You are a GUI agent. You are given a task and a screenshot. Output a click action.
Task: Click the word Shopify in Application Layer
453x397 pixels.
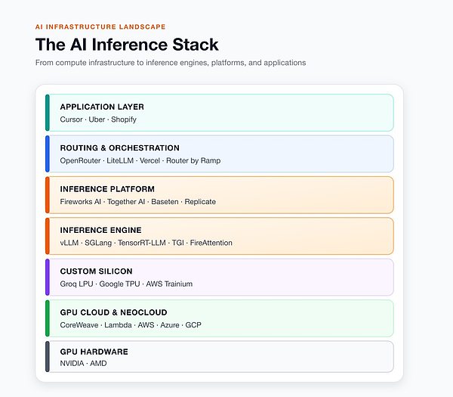124,119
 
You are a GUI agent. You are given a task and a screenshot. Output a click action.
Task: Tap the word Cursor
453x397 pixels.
72,119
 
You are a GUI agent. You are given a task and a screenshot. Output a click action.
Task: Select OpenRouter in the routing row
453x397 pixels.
80,160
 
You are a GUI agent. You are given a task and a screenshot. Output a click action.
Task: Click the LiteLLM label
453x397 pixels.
120,160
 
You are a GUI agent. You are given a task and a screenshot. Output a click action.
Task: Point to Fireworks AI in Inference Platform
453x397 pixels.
81,202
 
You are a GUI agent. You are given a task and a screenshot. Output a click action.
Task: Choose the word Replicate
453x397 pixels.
200,202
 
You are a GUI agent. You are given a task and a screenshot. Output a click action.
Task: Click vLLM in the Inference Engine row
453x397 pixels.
69,243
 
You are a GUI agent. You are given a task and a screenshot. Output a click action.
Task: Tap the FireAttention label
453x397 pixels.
211,243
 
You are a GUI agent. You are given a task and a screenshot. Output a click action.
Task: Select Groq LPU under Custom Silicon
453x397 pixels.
76,284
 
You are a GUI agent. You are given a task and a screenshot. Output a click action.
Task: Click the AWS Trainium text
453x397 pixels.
169,284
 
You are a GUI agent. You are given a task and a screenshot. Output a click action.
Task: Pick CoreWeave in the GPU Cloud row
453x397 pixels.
79,325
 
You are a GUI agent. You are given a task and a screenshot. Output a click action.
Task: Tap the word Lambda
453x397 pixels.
119,325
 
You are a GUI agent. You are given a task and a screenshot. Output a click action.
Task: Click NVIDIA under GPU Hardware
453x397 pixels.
72,363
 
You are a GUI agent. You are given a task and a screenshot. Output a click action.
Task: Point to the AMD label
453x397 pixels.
98,363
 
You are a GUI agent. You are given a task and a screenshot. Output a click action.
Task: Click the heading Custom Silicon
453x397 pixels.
96,271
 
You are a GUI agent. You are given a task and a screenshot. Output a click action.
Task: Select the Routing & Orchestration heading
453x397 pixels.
119,148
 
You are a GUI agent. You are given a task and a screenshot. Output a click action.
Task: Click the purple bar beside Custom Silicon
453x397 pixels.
48,278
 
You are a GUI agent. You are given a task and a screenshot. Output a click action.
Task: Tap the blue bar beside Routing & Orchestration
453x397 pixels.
48,154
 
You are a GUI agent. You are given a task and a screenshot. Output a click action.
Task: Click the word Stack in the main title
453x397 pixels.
196,45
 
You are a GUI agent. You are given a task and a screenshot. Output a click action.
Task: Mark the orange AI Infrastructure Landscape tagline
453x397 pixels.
100,27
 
